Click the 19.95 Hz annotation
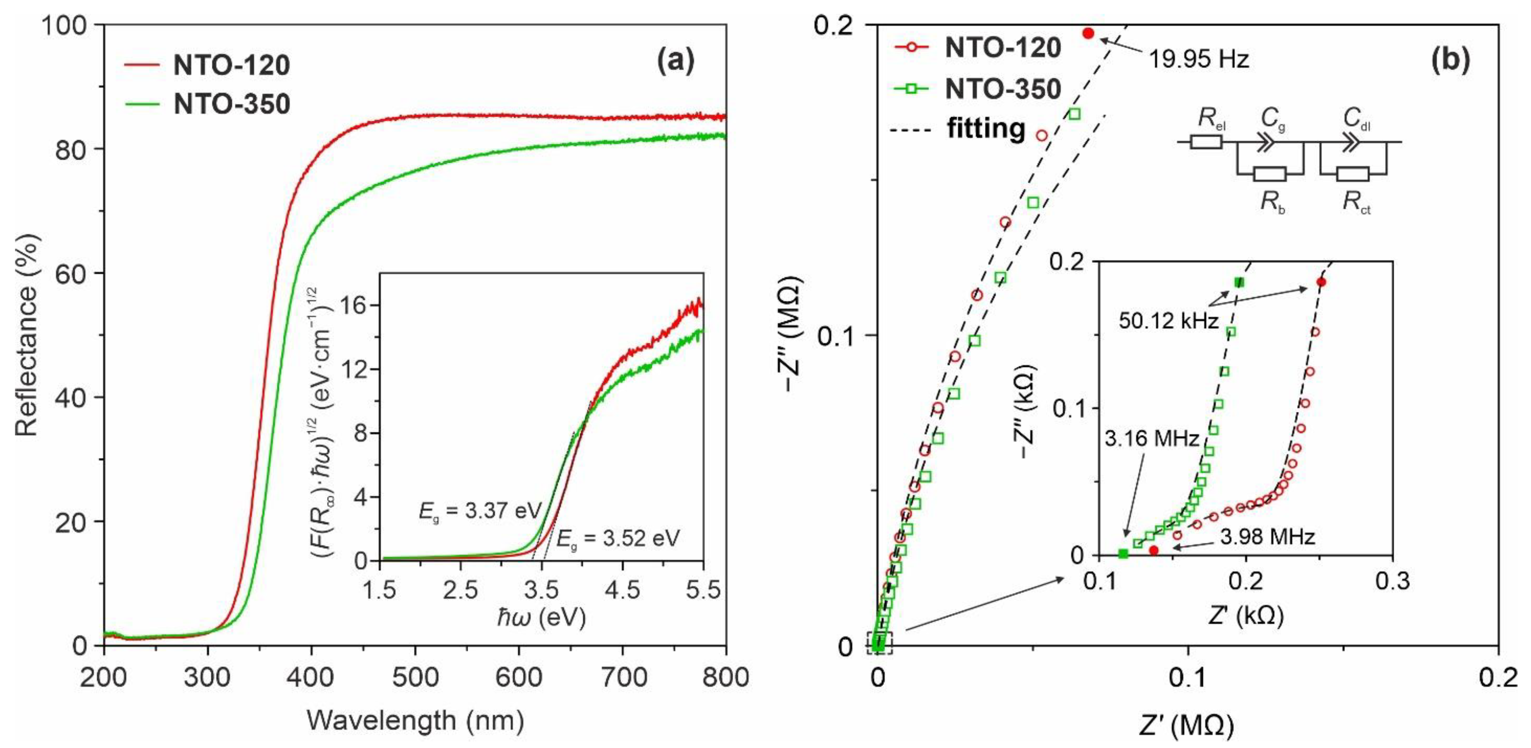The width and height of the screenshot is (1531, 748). click(x=1197, y=60)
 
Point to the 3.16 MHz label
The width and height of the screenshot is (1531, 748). click(x=1152, y=438)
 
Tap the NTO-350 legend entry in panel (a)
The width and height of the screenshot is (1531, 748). click(x=231, y=104)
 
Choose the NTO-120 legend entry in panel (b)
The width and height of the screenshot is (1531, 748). click(x=1002, y=48)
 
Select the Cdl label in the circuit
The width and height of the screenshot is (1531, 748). click(x=1357, y=119)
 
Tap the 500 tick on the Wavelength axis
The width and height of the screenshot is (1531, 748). click(x=415, y=677)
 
